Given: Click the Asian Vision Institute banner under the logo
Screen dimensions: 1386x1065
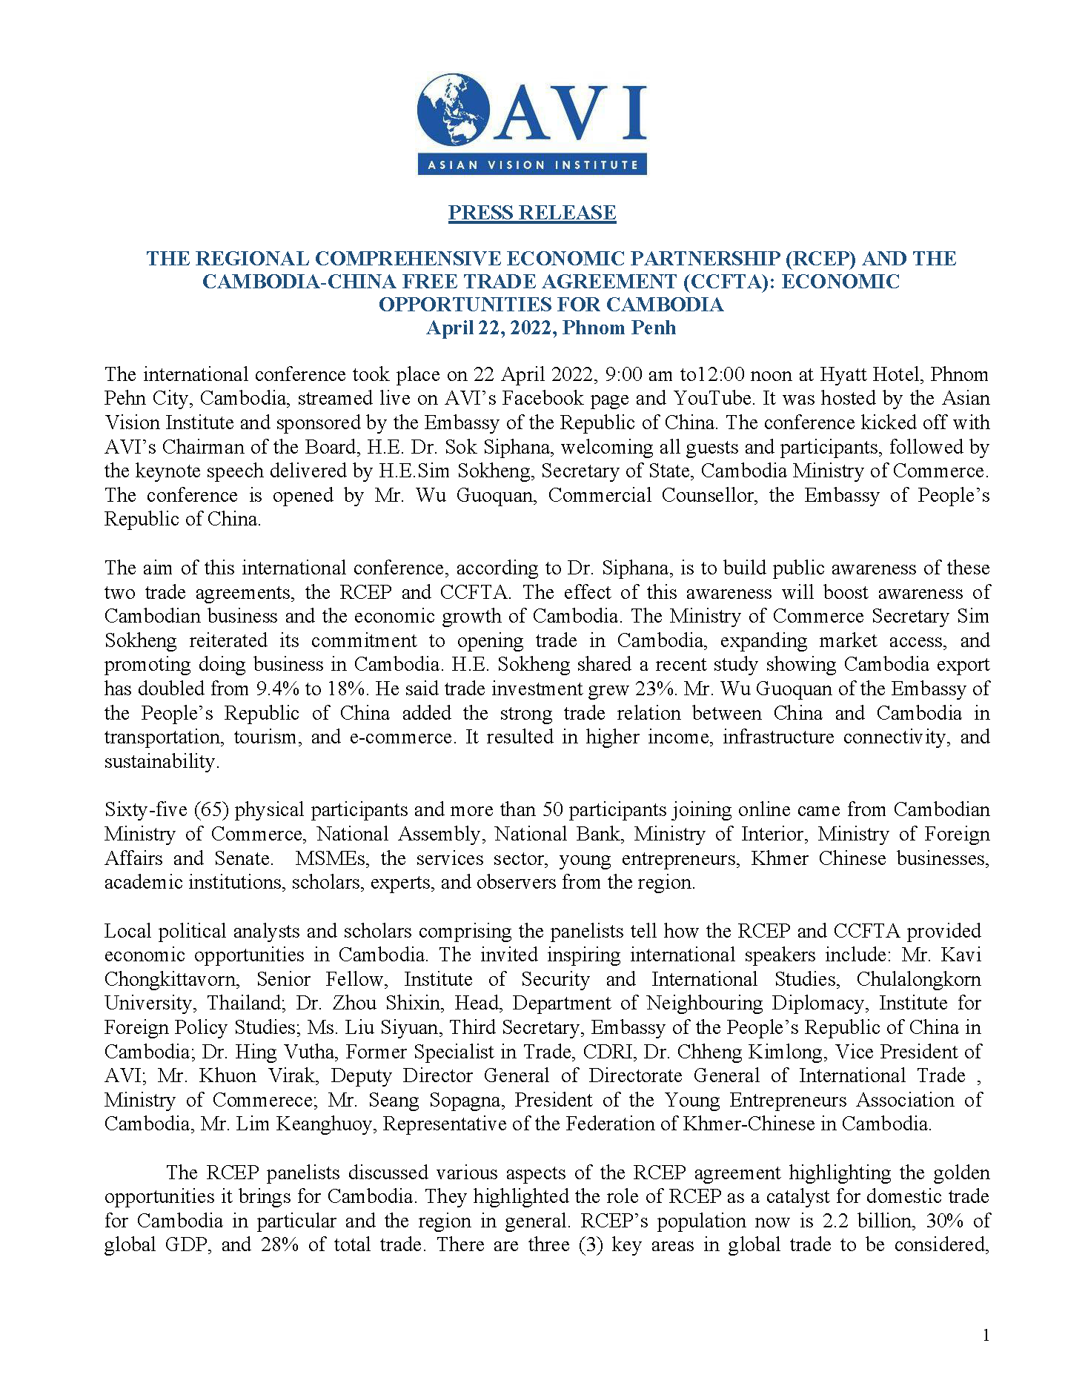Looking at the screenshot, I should click(x=531, y=165).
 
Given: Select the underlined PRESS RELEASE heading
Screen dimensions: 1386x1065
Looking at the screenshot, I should click(x=531, y=213).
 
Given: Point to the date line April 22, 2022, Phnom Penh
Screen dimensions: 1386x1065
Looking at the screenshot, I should click(x=551, y=328).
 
